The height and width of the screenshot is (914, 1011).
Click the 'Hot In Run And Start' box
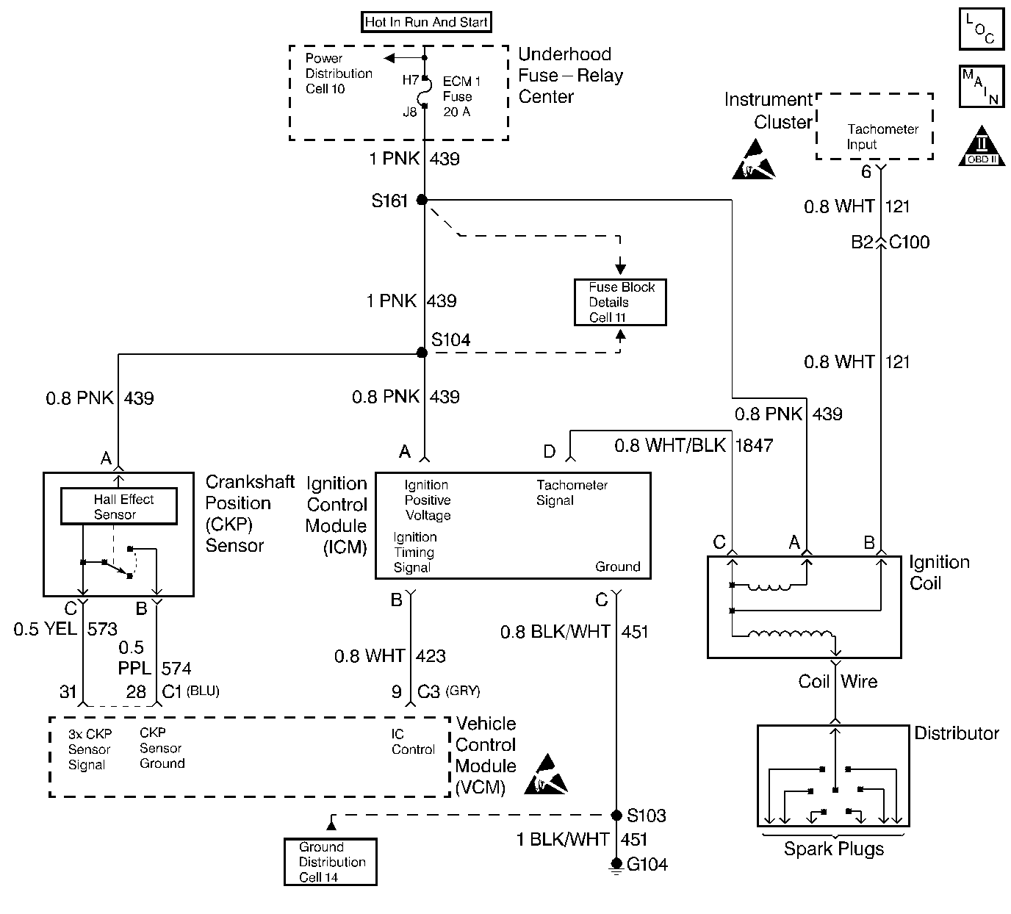point(426,22)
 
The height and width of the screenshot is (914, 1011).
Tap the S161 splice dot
point(422,200)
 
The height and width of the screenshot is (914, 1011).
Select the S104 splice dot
point(422,353)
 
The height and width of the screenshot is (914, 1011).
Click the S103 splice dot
point(617,816)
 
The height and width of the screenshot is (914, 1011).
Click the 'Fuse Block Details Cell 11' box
point(620,302)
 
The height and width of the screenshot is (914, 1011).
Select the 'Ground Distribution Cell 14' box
point(331,862)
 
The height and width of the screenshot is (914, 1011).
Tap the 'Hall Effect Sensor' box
point(118,506)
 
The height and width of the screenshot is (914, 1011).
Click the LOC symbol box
point(981,29)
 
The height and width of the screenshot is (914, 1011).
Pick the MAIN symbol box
point(981,86)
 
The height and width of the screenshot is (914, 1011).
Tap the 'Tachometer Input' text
point(882,137)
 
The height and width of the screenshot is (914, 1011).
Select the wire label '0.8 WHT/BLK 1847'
point(693,445)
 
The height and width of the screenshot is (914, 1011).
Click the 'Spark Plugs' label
point(834,849)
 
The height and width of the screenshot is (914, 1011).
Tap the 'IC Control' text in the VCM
point(413,741)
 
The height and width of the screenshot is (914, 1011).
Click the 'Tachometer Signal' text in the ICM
point(572,493)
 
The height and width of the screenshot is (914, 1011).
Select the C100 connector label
point(909,242)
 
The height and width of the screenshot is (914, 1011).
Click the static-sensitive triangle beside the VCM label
point(547,775)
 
